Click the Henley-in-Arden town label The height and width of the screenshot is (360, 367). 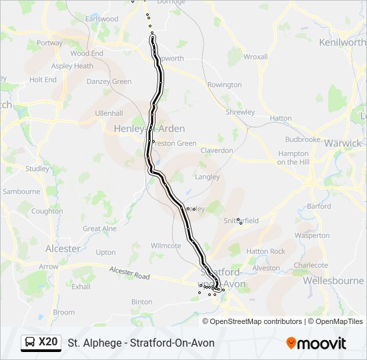coord(140,129)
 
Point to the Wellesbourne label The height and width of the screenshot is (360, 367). coord(333,281)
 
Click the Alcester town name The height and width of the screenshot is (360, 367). coord(63,249)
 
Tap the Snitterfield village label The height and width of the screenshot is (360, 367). coord(241,220)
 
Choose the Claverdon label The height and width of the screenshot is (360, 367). coord(217,151)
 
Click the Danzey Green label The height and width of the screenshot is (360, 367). coord(109,81)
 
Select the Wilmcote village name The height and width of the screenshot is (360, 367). coord(165,245)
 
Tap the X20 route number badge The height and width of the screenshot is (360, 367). coord(48,343)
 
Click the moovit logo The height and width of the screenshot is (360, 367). coord(316,343)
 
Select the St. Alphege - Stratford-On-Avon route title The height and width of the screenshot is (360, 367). coord(141,343)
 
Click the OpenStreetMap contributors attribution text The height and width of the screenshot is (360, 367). coord(256,321)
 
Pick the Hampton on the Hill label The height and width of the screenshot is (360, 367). coord(292,157)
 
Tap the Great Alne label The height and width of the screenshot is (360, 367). coord(99,229)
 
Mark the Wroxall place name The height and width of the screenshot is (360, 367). coord(255,57)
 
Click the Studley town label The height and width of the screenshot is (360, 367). coord(37,169)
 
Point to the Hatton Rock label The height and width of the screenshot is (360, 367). coord(266,251)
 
